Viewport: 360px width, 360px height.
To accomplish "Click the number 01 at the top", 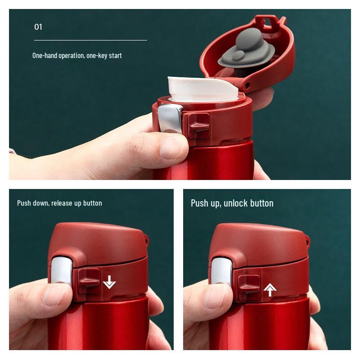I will pyautogui.click(x=38, y=27).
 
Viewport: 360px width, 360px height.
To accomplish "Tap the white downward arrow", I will pyautogui.click(x=109, y=282).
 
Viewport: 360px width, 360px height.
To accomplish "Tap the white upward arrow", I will pyautogui.click(x=270, y=290).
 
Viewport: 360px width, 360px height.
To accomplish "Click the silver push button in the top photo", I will pyautogui.click(x=170, y=119).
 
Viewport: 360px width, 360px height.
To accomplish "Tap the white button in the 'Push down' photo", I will pyautogui.click(x=61, y=270).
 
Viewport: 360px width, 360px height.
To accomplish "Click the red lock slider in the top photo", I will pyautogui.click(x=198, y=125).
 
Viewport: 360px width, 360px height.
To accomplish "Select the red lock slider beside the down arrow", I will pyautogui.click(x=89, y=282).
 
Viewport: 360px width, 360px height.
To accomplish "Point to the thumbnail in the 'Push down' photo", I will pyautogui.click(x=57, y=295).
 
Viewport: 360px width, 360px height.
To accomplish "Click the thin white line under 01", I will pyautogui.click(x=90, y=40).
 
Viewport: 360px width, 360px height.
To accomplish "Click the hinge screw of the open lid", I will pyautogui.click(x=247, y=85).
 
